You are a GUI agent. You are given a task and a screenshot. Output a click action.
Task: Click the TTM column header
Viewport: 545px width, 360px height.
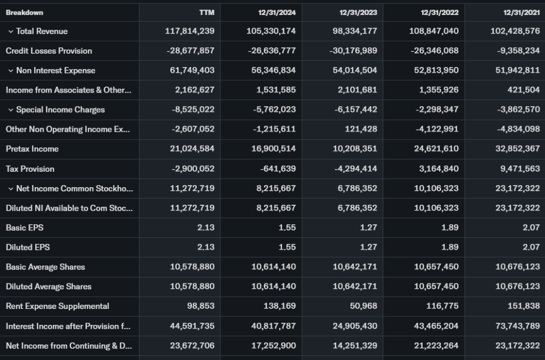coord(207,12)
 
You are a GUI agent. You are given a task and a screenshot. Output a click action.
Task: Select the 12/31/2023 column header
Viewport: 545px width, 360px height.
coord(358,12)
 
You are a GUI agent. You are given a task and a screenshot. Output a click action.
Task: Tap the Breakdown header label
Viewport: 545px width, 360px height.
coord(24,12)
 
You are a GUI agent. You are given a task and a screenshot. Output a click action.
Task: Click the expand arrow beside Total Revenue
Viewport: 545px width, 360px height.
coord(10,31)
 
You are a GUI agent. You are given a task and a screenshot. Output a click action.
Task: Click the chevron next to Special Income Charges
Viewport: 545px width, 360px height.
coord(10,110)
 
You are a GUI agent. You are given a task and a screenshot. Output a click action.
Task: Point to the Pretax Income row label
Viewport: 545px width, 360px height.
coord(32,149)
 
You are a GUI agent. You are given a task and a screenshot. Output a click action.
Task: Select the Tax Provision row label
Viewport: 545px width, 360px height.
coord(30,169)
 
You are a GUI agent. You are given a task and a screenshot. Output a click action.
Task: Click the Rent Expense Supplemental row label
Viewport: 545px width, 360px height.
coord(57,306)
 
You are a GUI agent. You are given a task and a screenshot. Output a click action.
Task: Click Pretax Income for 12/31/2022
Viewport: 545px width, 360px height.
coord(436,149)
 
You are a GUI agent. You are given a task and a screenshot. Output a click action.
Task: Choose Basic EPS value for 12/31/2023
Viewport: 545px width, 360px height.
coord(368,228)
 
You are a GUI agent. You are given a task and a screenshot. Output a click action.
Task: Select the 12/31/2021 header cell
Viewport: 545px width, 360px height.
coord(521,12)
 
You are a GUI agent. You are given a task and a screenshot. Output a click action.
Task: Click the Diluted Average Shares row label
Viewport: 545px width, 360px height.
coord(48,287)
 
